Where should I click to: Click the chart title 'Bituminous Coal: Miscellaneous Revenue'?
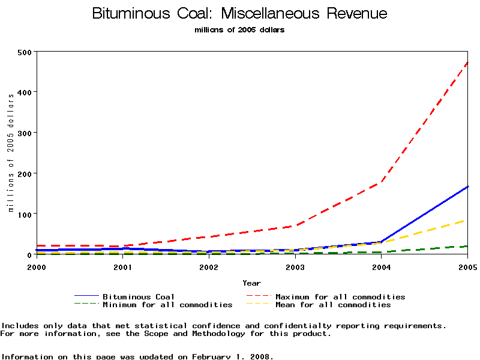(240, 14)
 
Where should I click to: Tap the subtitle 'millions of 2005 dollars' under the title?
(240, 30)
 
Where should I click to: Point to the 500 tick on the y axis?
(25, 52)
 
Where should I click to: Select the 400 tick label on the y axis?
(25, 92)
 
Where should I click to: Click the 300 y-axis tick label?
(25, 133)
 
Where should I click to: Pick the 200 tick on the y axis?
(25, 173)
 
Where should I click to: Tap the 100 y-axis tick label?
(25, 214)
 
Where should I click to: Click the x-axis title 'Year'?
(252, 283)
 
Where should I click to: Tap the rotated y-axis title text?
(11, 153)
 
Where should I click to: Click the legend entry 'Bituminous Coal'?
(139, 296)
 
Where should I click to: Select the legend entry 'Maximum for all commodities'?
(340, 296)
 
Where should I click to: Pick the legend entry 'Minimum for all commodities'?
(167, 305)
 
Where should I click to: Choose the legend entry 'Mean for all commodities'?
(333, 305)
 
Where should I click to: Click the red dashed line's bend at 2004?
(381, 182)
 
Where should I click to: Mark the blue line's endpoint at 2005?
(467, 187)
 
